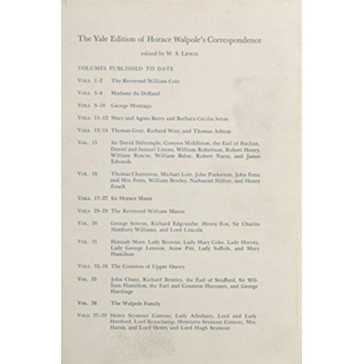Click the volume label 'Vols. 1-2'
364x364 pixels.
click(x=90, y=82)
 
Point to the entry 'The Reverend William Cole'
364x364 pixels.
click(x=143, y=82)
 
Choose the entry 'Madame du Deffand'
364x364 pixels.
click(x=131, y=93)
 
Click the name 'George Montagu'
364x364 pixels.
click(x=130, y=105)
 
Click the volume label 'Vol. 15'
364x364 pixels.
click(x=88, y=141)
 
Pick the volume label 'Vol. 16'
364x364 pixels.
click(x=88, y=172)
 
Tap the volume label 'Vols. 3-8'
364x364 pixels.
click(x=90, y=93)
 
